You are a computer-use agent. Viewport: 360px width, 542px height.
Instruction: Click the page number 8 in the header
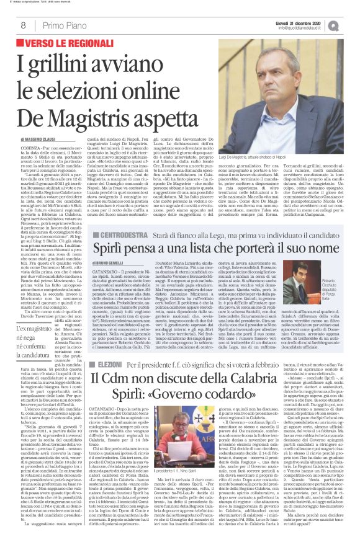pos(22,25)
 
